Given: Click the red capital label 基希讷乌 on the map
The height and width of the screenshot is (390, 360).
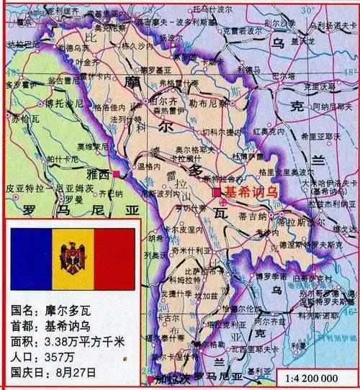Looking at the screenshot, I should click(252, 192).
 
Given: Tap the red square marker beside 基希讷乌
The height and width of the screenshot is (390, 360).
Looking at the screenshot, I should click(216, 193).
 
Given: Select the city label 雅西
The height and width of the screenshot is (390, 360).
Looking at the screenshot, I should click(99, 173).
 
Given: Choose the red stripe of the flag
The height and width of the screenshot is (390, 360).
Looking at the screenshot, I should click(114, 258).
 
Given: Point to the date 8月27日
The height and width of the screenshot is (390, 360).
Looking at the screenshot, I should click(78, 372).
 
